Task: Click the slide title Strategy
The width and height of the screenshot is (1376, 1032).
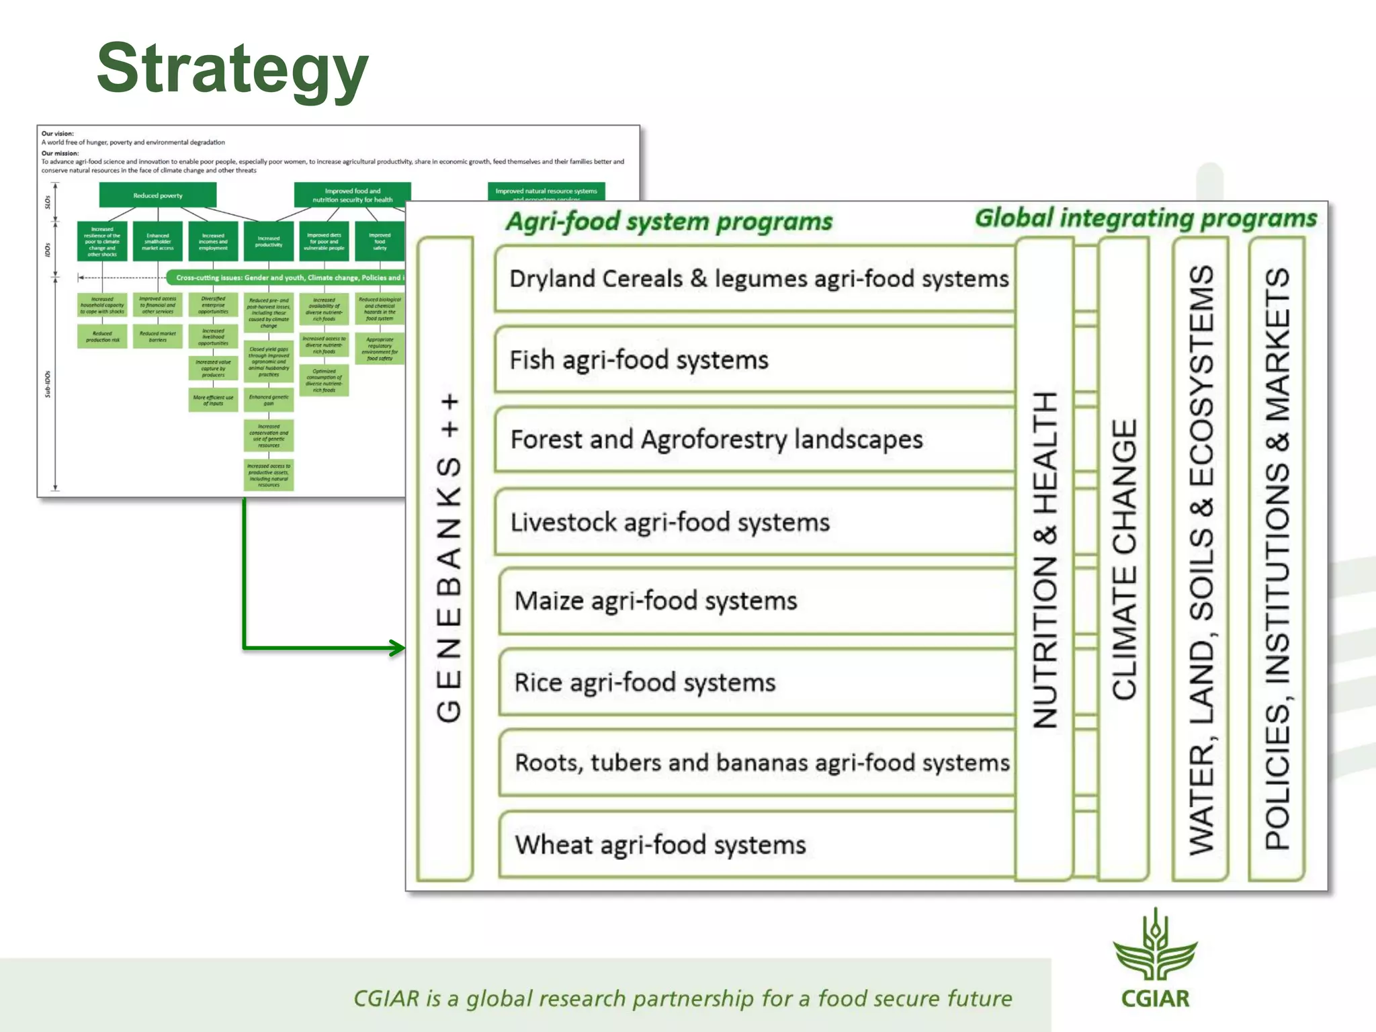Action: point(232,69)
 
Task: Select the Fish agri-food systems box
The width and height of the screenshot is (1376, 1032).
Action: point(752,360)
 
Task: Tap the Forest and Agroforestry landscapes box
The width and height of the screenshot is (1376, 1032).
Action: point(752,440)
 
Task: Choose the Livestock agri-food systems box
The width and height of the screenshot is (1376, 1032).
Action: point(752,522)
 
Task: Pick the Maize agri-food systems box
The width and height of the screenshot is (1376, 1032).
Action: point(752,601)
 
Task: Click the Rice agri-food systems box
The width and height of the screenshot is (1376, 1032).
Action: point(752,683)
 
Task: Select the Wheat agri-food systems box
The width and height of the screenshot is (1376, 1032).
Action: point(752,845)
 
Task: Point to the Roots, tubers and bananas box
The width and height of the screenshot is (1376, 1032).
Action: point(759,763)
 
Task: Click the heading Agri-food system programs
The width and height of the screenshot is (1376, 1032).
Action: point(669,222)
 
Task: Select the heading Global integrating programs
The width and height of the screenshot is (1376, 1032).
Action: point(1146,218)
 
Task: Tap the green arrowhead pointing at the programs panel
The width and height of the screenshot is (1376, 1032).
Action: point(398,648)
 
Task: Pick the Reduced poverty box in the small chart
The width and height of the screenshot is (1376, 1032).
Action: point(158,196)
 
